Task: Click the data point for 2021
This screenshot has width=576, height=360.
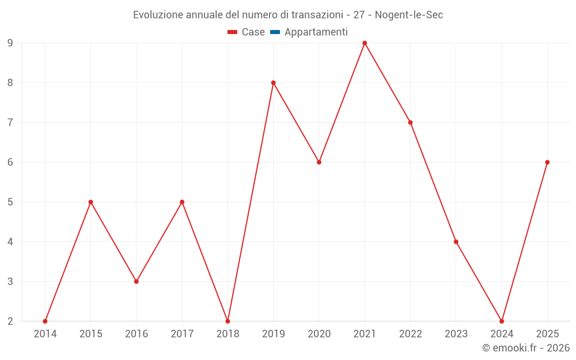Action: tap(365, 43)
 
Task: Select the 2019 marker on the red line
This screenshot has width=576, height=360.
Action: tap(274, 83)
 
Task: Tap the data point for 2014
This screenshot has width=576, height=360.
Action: tap(45, 321)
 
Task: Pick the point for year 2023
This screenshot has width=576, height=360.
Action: tap(456, 242)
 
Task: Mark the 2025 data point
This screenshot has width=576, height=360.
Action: tap(547, 162)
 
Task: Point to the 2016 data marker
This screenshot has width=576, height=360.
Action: tap(137, 282)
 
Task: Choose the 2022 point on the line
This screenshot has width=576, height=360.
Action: tap(410, 123)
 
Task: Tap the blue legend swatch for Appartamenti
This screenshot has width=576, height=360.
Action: tap(275, 32)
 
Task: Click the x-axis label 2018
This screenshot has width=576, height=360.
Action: tap(228, 334)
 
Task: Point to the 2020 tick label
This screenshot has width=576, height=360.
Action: tap(319, 334)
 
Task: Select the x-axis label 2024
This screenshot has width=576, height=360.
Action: tap(502, 334)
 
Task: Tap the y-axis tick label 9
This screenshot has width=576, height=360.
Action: tap(10, 43)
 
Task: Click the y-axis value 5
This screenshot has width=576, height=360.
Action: tap(10, 202)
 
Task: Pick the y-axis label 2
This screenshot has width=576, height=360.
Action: tap(10, 321)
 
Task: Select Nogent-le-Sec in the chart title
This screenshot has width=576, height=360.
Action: tap(409, 15)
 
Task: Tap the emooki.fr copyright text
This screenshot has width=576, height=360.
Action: tap(526, 348)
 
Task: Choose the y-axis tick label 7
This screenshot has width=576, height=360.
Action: tap(10, 123)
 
